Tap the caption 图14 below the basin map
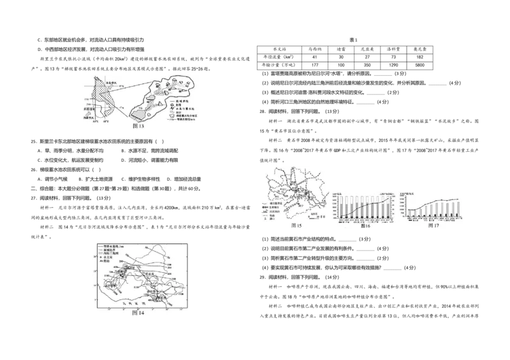point(138,313)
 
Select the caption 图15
point(296,226)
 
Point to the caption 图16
point(365,226)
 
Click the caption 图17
point(433,226)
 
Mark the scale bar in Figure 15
point(313,217)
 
